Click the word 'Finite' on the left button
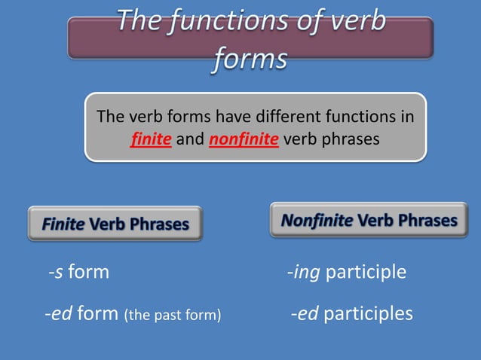[x=63, y=224]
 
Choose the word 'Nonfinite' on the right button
[x=317, y=221]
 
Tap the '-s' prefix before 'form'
[x=55, y=271]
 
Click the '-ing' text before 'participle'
[x=303, y=271]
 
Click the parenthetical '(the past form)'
[x=172, y=314]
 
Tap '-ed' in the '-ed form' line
[x=59, y=313]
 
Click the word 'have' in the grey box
[x=233, y=117]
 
